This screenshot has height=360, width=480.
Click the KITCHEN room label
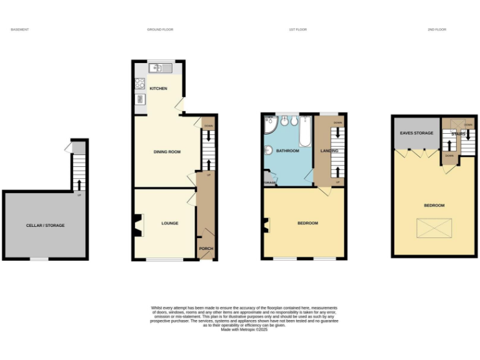click(x=158, y=89)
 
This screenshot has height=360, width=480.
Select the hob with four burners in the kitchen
click(x=140, y=83)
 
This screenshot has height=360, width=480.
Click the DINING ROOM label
click(x=167, y=152)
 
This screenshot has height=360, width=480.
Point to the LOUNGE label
click(x=170, y=223)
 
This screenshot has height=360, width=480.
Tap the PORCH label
click(x=206, y=248)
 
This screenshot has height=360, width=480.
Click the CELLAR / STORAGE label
click(x=45, y=226)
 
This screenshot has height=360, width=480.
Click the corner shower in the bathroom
click(x=269, y=124)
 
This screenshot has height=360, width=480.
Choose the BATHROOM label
click(x=288, y=151)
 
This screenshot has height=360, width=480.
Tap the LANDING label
click(x=329, y=151)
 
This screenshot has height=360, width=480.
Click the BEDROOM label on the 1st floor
click(x=307, y=223)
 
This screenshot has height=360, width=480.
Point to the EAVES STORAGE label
click(x=416, y=133)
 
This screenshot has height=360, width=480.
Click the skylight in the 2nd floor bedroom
click(x=434, y=227)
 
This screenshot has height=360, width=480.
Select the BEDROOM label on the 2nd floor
click(x=434, y=206)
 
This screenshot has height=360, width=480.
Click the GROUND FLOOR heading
click(x=160, y=29)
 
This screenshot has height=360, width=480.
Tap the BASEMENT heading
click(x=20, y=29)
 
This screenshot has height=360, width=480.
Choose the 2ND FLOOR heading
click(x=437, y=29)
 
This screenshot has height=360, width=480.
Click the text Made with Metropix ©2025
click(x=244, y=329)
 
